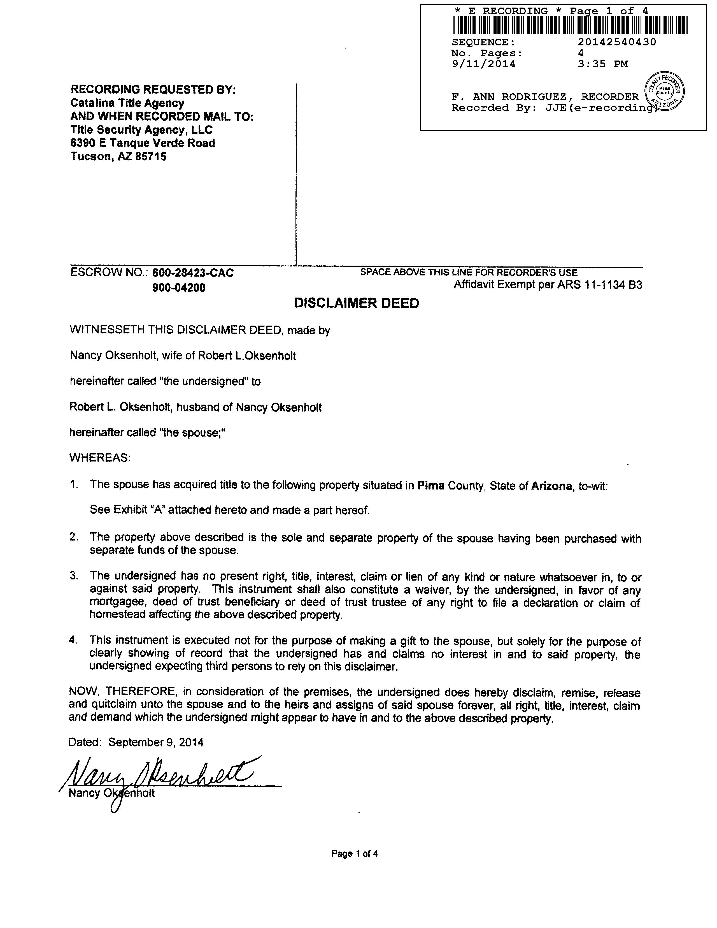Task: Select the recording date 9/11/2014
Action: click(483, 64)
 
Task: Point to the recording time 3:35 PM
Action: click(603, 64)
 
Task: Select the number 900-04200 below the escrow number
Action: click(179, 288)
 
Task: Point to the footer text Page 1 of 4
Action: click(355, 854)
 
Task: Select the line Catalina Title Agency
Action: click(127, 103)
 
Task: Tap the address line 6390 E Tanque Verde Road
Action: click(143, 143)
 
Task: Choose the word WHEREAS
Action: click(100, 458)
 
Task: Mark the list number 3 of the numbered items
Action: click(73, 576)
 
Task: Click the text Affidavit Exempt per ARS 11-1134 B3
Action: click(548, 285)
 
